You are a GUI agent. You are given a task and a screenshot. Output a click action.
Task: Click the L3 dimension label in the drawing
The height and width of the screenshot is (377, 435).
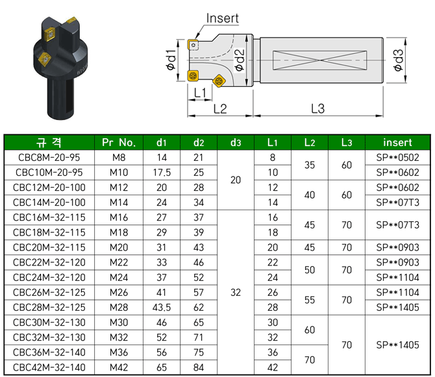317,108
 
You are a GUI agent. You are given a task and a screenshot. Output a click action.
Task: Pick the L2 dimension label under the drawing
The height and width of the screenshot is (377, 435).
220,108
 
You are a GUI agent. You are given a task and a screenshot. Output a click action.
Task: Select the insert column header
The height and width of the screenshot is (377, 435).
397,142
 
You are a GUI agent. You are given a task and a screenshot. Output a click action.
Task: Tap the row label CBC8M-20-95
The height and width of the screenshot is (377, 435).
49,158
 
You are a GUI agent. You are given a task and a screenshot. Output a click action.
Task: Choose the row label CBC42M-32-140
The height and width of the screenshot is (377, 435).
49,367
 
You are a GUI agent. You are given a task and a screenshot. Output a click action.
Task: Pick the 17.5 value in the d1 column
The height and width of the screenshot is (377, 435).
162,173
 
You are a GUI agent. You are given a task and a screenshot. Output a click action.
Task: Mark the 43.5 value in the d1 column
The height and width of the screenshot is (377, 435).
162,307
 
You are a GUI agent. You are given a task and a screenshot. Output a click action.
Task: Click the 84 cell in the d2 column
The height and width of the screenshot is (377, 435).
199,367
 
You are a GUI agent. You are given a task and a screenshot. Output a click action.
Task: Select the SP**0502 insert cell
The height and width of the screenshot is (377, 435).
397,158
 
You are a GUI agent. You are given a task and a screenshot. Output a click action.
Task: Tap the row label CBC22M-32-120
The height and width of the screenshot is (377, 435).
49,262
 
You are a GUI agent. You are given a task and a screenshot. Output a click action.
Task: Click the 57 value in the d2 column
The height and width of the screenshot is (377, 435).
199,292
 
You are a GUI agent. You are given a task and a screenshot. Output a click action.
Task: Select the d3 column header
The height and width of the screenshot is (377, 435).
236,142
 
